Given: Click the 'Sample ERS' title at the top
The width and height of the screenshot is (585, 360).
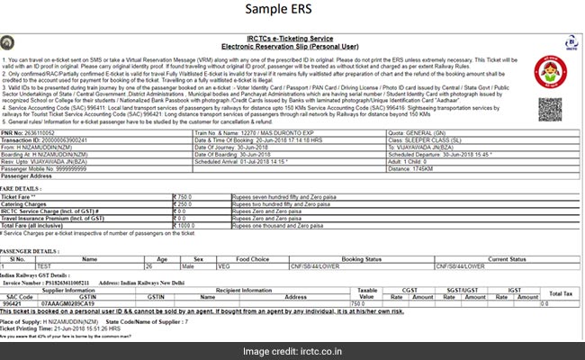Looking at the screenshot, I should point(292,11).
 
